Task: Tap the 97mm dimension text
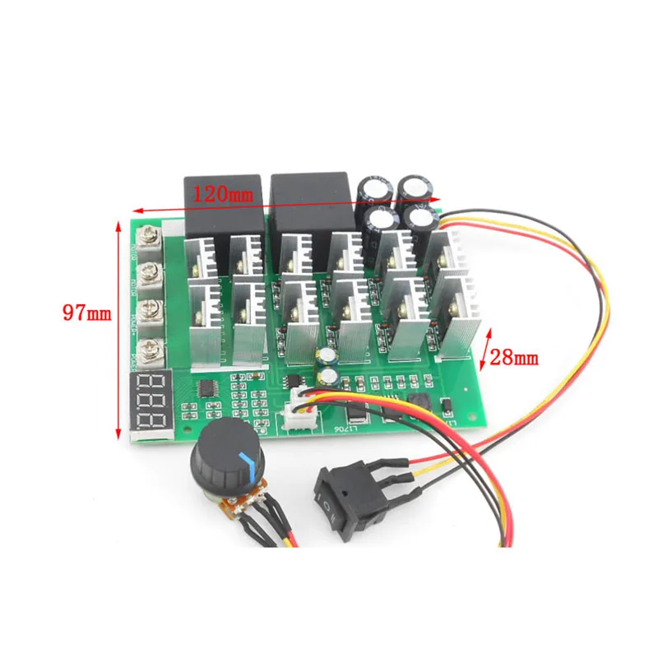pyautogui.click(x=86, y=313)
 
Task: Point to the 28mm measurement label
pyautogui.click(x=514, y=356)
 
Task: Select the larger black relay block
pyautogui.click(x=315, y=205)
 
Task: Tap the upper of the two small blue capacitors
pyautogui.click(x=327, y=356)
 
